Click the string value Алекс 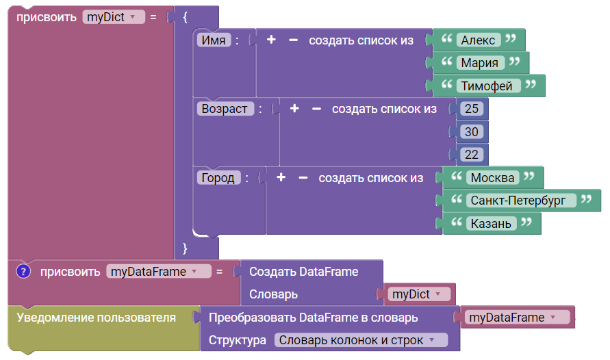coord(478,40)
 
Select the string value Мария coord(480,62)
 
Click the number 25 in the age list coord(472,108)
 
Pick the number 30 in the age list coord(472,131)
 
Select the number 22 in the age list coord(472,155)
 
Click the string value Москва coord(492,178)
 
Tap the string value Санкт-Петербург coord(521,201)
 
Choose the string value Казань coord(491,223)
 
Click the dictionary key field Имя coord(214,40)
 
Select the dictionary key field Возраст coord(225,108)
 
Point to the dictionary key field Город coord(218,178)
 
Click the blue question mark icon coord(23,271)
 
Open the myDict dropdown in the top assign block coord(114,17)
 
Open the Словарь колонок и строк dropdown coord(361,340)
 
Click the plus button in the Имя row coord(271,40)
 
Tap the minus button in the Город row coord(303,178)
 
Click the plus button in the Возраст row coord(294,108)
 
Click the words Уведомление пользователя coord(96,318)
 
